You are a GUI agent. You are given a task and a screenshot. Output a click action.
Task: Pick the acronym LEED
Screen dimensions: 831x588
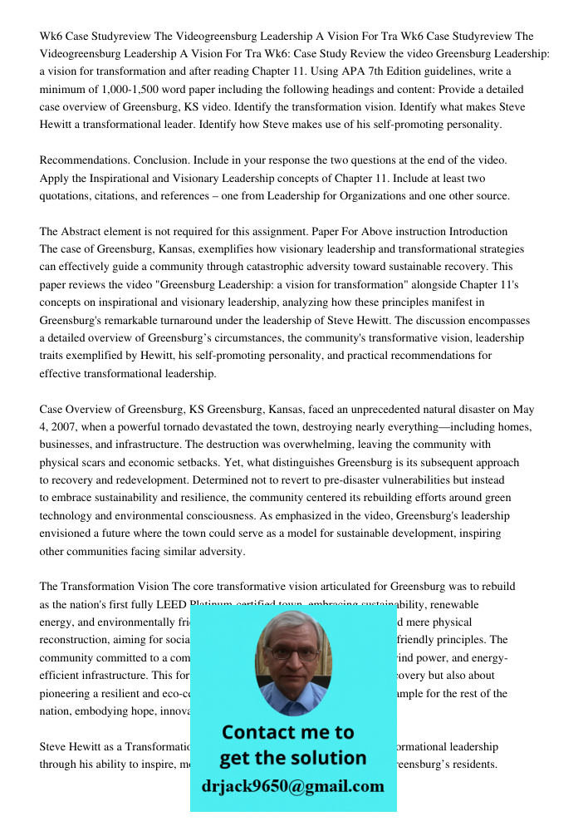click(169, 605)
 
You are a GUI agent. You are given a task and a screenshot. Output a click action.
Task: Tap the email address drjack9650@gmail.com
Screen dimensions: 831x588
click(292, 786)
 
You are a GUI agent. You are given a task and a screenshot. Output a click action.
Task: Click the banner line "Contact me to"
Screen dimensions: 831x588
click(287, 732)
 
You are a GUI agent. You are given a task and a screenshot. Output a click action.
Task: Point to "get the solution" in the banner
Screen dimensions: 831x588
click(292, 758)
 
